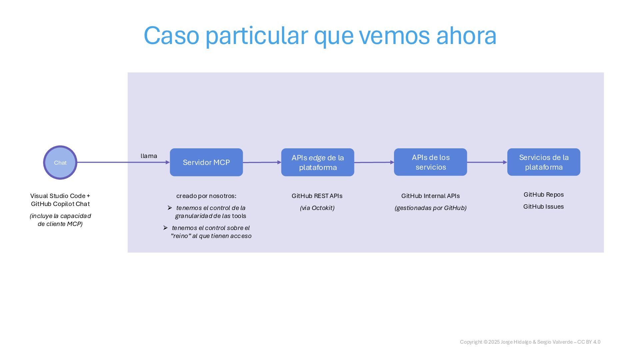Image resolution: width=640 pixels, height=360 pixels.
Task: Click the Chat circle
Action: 60,162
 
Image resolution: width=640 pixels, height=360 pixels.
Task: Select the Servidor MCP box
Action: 206,162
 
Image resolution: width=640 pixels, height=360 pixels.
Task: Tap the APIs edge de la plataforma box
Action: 317,162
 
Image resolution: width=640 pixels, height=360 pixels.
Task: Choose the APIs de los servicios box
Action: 430,162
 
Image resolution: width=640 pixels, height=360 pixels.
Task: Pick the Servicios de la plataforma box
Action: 544,162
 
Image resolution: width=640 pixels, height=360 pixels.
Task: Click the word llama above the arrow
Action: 149,156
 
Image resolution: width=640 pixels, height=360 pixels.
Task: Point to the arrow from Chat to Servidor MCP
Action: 123,162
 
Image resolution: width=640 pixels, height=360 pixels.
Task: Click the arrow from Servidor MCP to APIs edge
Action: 262,162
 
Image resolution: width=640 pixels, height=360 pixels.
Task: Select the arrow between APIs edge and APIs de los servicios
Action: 374,162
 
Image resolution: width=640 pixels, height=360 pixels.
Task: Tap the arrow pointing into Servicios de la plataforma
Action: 487,162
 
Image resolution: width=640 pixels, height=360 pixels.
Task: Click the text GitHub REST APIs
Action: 317,196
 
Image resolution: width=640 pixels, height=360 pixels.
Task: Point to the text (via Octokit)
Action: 317,208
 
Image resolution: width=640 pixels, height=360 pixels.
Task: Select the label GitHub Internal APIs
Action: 430,196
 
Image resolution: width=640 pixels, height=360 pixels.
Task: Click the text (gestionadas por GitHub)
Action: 430,208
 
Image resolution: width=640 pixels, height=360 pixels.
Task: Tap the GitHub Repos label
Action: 544,195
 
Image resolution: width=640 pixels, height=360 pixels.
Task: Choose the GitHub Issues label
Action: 544,207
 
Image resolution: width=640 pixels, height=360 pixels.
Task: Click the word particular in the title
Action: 256,36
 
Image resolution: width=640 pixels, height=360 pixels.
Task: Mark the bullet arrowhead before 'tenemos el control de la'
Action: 170,208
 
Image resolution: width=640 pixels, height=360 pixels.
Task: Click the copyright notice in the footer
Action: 530,342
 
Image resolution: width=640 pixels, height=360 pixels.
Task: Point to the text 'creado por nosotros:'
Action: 206,196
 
